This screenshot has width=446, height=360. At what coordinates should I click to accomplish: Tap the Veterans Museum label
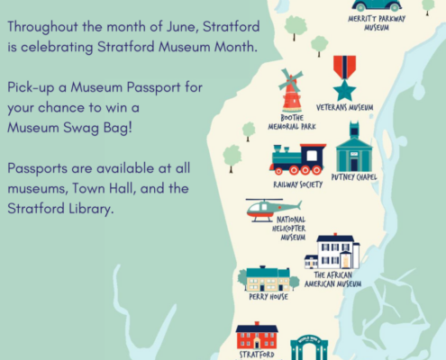click(345, 107)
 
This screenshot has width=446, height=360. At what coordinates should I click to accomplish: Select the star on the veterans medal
click(344, 90)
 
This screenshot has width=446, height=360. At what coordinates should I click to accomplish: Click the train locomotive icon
click(297, 159)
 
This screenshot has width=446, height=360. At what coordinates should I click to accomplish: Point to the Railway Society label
click(298, 184)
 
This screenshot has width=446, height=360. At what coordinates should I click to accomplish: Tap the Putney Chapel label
click(354, 177)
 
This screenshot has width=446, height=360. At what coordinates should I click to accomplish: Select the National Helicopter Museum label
click(289, 229)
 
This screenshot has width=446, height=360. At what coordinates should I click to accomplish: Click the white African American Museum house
click(332, 251)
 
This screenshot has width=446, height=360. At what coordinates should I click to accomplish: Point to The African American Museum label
click(332, 279)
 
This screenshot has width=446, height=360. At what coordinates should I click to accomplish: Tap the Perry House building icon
click(269, 278)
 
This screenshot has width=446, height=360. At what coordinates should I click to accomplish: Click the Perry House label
click(269, 297)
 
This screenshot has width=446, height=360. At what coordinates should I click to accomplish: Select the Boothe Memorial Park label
click(292, 121)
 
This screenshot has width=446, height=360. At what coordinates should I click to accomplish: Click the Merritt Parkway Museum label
click(377, 23)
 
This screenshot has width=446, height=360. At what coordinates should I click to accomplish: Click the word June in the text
click(182, 26)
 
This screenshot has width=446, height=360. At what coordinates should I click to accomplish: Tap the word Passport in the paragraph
click(154, 87)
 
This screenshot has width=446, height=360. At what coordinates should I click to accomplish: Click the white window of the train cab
click(312, 156)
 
